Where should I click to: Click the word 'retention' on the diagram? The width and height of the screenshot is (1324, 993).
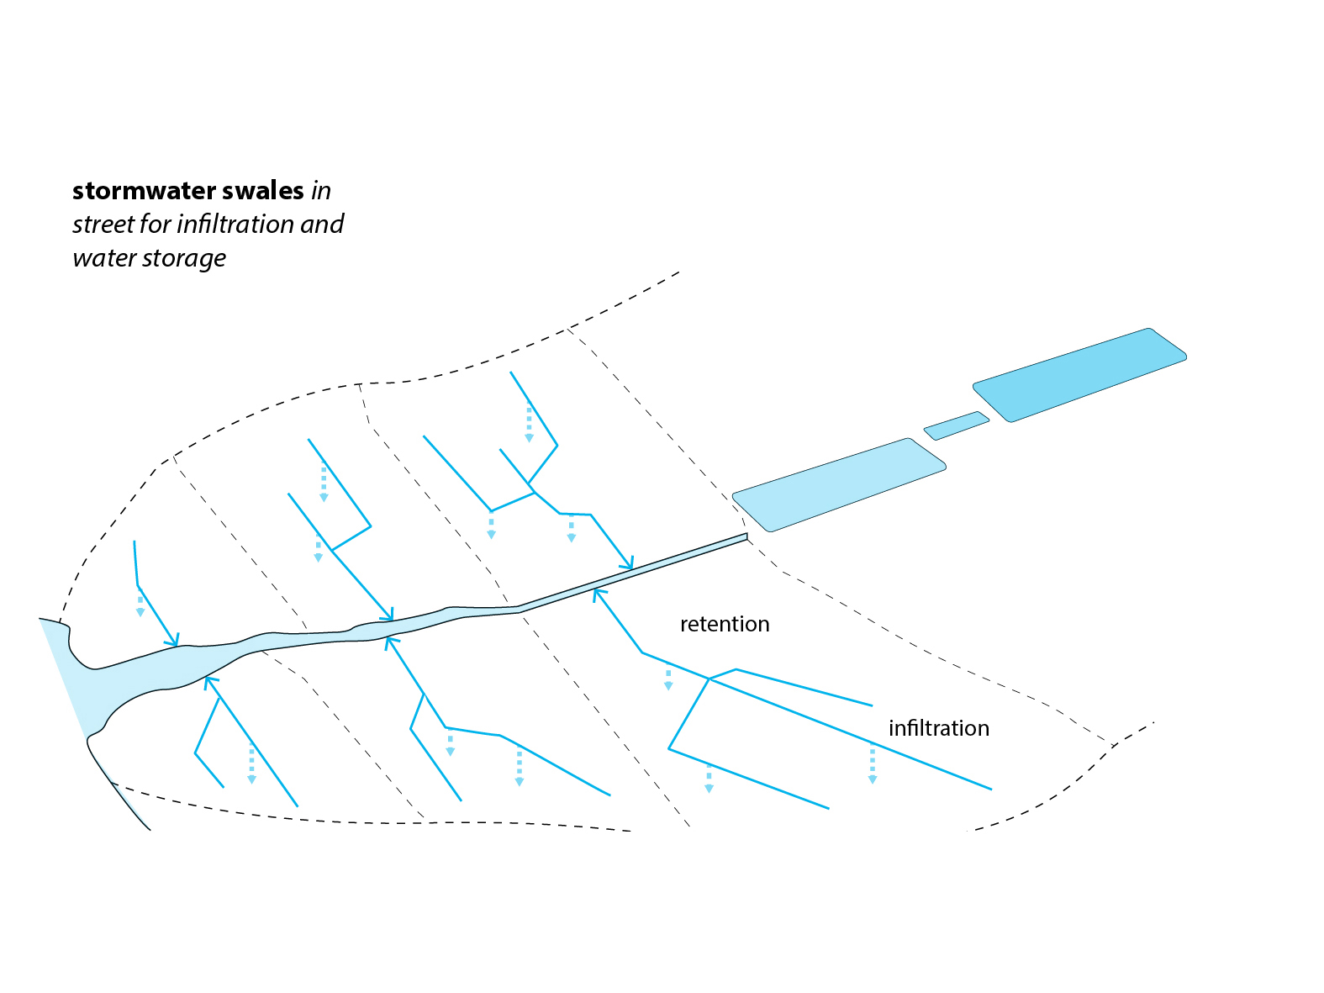click(725, 624)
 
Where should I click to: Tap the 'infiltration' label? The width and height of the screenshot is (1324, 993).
click(938, 728)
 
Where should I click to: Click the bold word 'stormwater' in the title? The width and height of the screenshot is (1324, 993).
click(144, 191)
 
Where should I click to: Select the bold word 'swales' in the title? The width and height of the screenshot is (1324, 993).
click(263, 191)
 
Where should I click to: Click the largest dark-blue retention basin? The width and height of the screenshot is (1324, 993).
click(1079, 375)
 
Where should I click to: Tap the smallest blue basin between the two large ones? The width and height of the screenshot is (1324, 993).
click(956, 425)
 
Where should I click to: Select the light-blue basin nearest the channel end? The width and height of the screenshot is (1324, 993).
click(839, 485)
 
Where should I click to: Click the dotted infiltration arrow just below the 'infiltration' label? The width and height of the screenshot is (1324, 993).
click(873, 766)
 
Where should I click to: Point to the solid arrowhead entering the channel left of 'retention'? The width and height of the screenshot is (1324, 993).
click(598, 594)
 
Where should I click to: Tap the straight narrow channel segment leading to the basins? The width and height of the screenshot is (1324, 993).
click(632, 573)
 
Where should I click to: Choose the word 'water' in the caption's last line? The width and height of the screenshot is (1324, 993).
click(104, 259)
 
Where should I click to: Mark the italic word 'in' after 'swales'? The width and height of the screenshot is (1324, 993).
click(321, 191)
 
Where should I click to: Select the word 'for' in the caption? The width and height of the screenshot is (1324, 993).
click(156, 224)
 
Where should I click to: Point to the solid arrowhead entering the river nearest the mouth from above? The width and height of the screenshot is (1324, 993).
click(174, 641)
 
